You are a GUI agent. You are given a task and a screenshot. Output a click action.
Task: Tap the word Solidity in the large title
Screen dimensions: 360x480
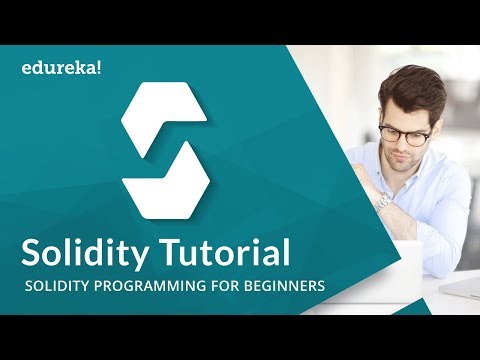(x=89, y=251)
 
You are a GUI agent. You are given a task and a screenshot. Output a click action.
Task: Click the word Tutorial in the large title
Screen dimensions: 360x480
(x=226, y=251)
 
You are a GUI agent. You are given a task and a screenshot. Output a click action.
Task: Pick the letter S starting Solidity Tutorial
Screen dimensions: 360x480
(x=36, y=251)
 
